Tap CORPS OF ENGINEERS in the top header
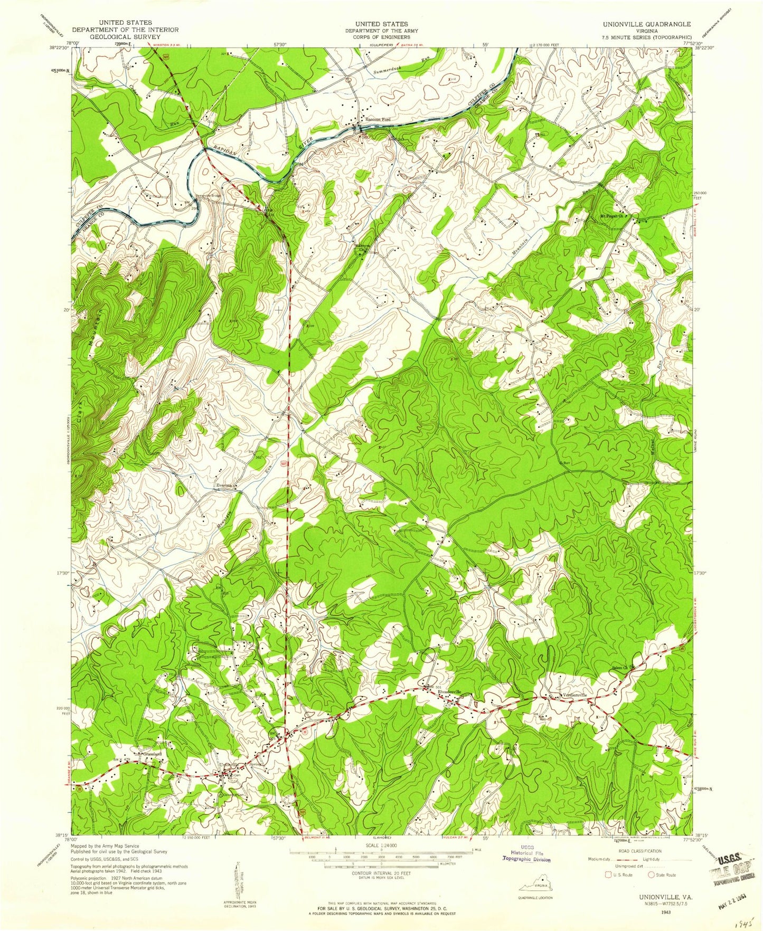[381, 37]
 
